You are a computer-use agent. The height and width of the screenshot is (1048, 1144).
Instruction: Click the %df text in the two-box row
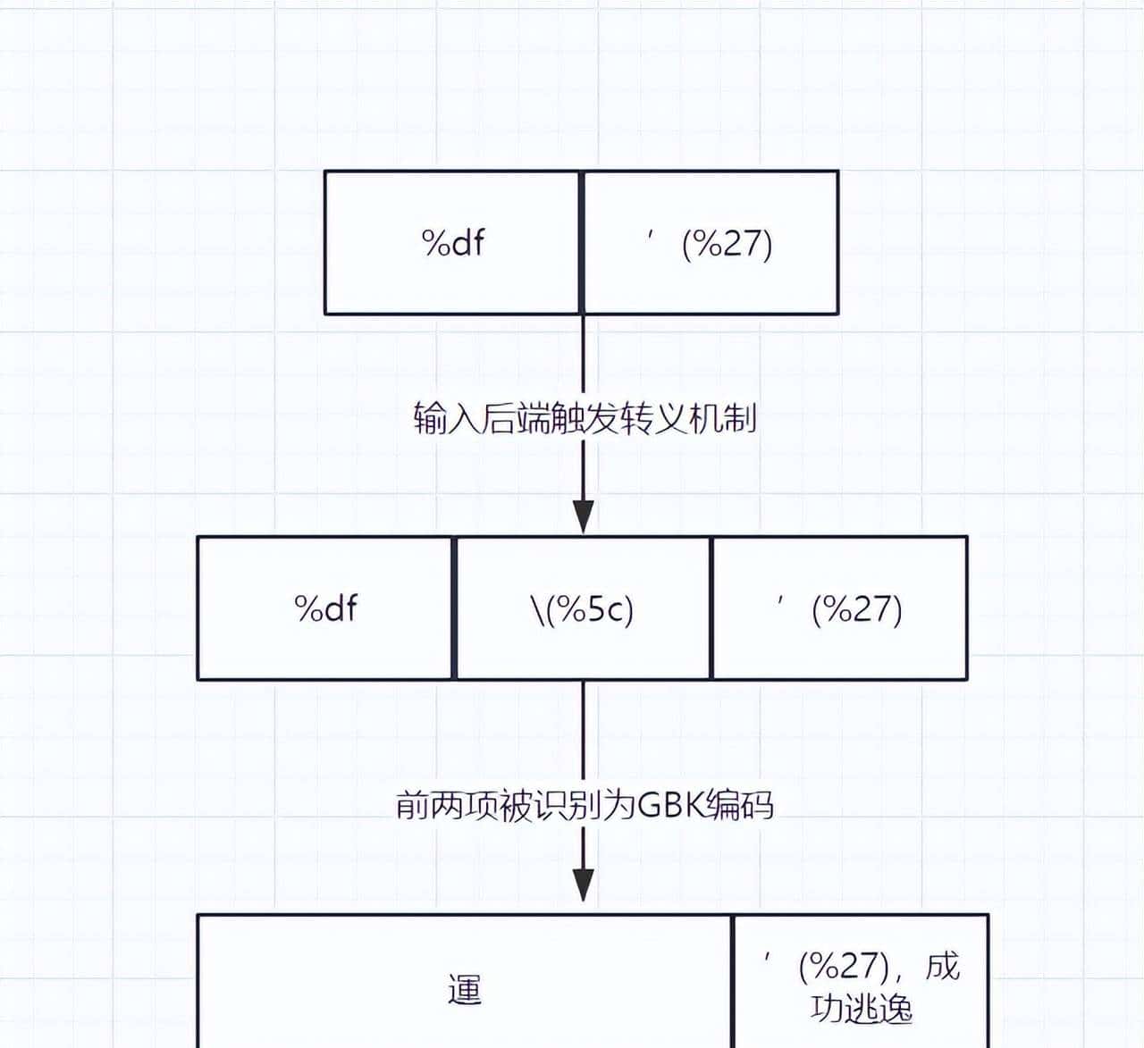(453, 243)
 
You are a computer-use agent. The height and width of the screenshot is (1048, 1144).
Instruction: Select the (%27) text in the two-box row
(727, 244)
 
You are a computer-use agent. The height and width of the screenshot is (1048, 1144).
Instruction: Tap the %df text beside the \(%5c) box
(326, 608)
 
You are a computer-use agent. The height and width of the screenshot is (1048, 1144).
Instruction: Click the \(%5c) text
(582, 609)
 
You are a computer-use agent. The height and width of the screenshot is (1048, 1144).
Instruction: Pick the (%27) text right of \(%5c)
(856, 609)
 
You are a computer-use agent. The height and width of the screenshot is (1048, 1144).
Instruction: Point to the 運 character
(465, 990)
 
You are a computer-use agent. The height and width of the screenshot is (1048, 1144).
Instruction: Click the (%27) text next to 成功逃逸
(844, 966)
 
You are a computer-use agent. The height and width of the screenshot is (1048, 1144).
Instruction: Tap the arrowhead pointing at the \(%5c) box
(583, 517)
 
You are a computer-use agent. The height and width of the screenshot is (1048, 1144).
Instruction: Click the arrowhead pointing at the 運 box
(583, 885)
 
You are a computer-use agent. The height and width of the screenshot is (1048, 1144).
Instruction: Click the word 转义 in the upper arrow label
(639, 418)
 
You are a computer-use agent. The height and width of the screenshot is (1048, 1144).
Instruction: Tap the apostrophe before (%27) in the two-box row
(653, 234)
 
